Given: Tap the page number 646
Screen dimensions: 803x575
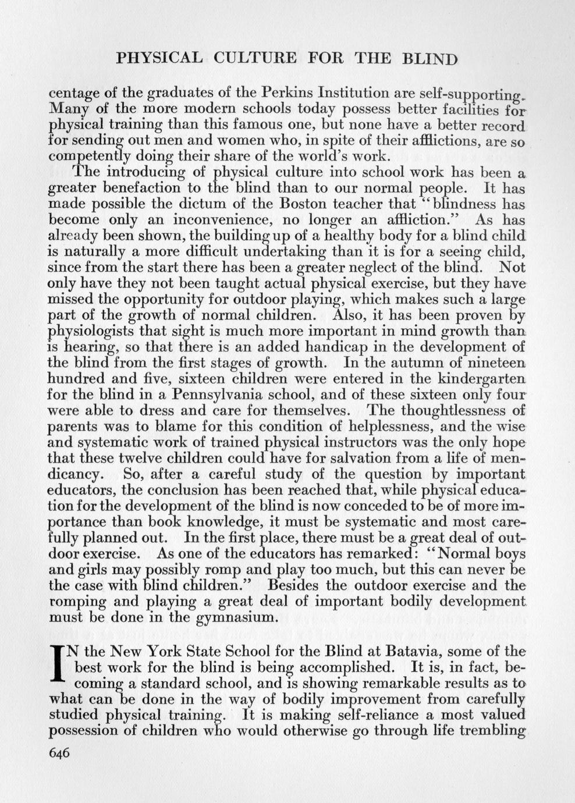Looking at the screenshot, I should coord(59,752).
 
